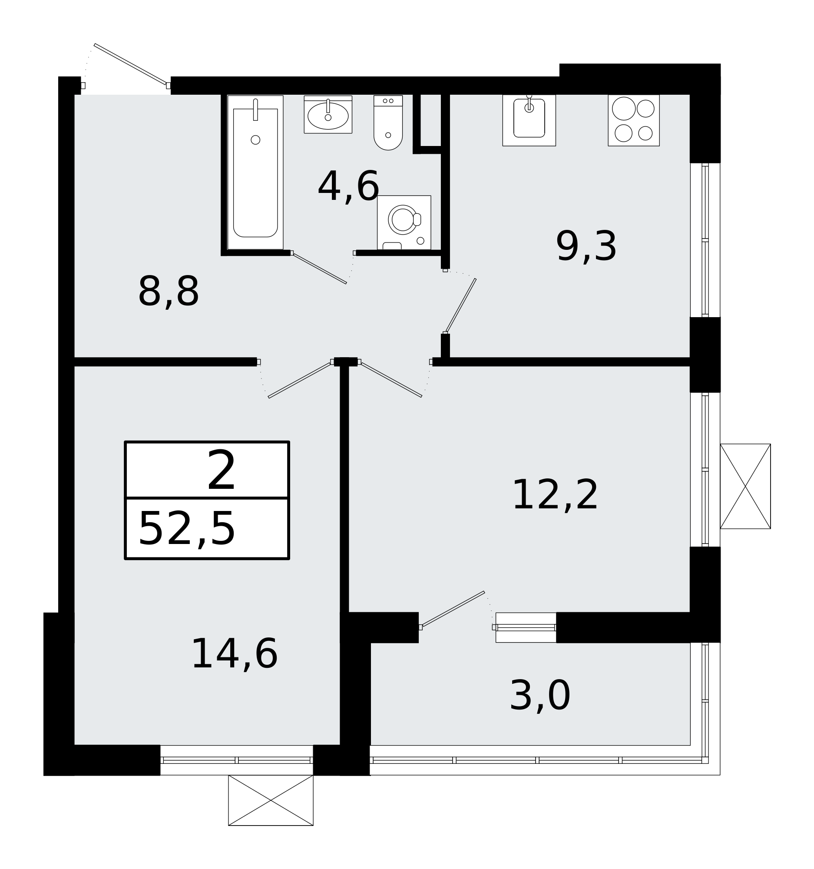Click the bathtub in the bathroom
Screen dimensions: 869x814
[255, 172]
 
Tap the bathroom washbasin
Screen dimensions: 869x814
[328, 115]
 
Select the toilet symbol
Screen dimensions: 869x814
[388, 123]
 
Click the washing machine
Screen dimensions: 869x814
[404, 222]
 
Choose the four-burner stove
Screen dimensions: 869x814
[633, 120]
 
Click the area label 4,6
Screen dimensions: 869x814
[348, 187]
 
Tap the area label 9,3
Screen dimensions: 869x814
[586, 247]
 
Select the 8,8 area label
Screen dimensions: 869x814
[168, 292]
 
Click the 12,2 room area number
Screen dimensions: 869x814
[554, 496]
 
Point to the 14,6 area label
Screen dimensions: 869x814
[234, 654]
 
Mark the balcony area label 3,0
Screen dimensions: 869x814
[539, 696]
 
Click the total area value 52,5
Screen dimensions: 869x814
[187, 530]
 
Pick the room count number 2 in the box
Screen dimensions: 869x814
[221, 471]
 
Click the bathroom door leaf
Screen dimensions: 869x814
[320, 269]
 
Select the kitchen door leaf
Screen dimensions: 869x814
[460, 305]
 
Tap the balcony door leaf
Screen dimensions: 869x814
[453, 609]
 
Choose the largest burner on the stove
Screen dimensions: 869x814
[623, 108]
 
